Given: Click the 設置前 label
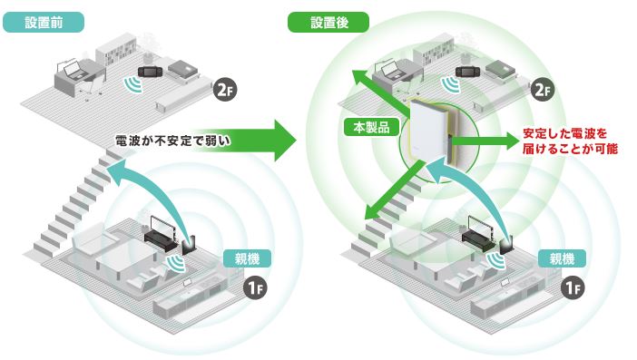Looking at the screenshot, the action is pyautogui.click(x=44, y=23).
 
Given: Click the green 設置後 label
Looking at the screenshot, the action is pyautogui.click(x=328, y=23).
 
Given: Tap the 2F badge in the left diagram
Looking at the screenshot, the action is pyautogui.click(x=225, y=90).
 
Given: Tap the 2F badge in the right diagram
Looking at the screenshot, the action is pyautogui.click(x=543, y=90).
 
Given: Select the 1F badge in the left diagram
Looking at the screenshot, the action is pyautogui.click(x=255, y=288).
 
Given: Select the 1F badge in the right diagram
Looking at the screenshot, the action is pyautogui.click(x=573, y=288).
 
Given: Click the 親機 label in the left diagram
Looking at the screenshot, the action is pyautogui.click(x=247, y=258).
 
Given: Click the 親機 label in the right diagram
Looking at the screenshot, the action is pyautogui.click(x=562, y=258).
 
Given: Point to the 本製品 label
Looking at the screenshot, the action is pyautogui.click(x=371, y=127).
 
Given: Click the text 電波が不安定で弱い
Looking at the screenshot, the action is pyautogui.click(x=172, y=141).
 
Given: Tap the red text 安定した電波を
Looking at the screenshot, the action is pyautogui.click(x=564, y=133).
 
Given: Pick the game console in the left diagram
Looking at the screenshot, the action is pyautogui.click(x=151, y=72).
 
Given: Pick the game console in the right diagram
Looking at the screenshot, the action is pyautogui.click(x=467, y=72).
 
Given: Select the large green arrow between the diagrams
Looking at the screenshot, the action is pyautogui.click(x=244, y=141).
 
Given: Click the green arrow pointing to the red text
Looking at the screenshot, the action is pyautogui.click(x=484, y=141).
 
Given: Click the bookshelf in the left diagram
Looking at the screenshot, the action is pyautogui.click(x=116, y=52).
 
